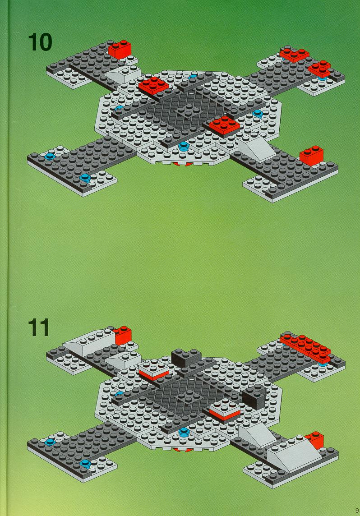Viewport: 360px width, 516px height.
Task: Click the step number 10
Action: [40, 42]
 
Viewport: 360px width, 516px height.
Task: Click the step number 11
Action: [38, 327]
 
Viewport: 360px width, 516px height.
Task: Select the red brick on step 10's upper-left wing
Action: [120, 49]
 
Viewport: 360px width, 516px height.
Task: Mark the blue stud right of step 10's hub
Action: [257, 114]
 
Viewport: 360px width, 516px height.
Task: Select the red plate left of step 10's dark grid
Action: [153, 86]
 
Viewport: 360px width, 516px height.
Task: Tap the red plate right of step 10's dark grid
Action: [224, 125]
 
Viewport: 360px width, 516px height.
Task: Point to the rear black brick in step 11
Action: [186, 358]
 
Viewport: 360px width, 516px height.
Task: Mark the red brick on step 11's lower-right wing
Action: [315, 440]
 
